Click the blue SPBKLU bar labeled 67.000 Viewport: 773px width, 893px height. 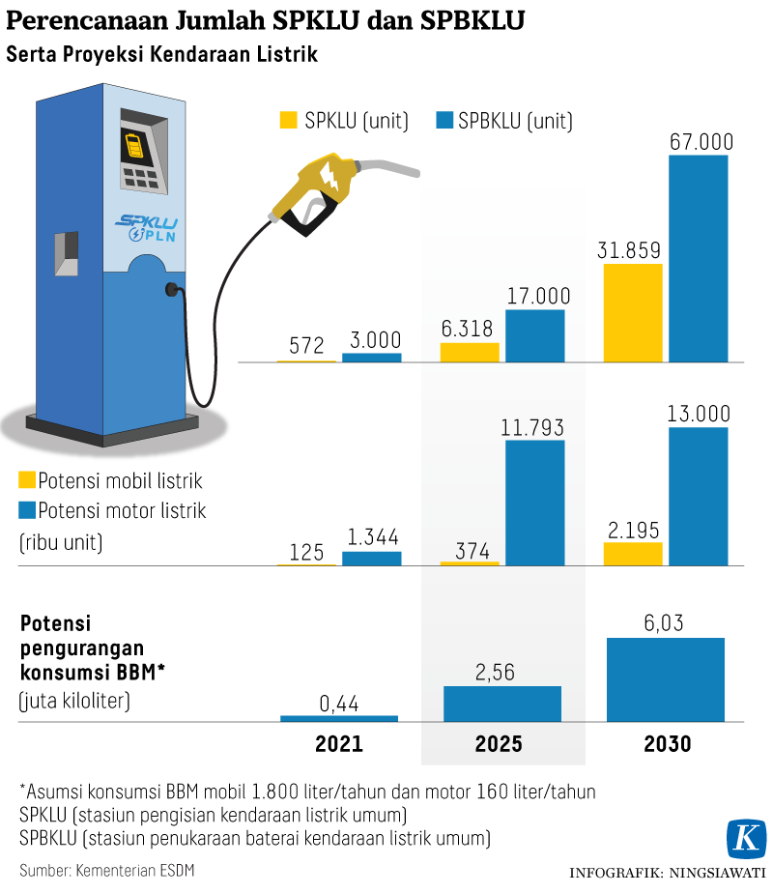(698, 258)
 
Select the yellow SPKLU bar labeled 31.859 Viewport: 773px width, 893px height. (633, 312)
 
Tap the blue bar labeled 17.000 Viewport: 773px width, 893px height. (534, 335)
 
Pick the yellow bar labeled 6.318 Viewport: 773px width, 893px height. (470, 352)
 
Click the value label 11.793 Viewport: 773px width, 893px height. (534, 426)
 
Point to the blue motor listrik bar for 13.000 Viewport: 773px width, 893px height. (698, 496)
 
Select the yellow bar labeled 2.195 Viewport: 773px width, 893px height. (633, 553)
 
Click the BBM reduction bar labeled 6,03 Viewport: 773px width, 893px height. (666, 678)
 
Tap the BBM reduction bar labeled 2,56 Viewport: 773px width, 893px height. (502, 704)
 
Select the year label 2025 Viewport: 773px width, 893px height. (501, 744)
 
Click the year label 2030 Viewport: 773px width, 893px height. (666, 744)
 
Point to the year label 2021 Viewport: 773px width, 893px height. (339, 744)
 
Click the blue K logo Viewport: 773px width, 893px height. (745, 838)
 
